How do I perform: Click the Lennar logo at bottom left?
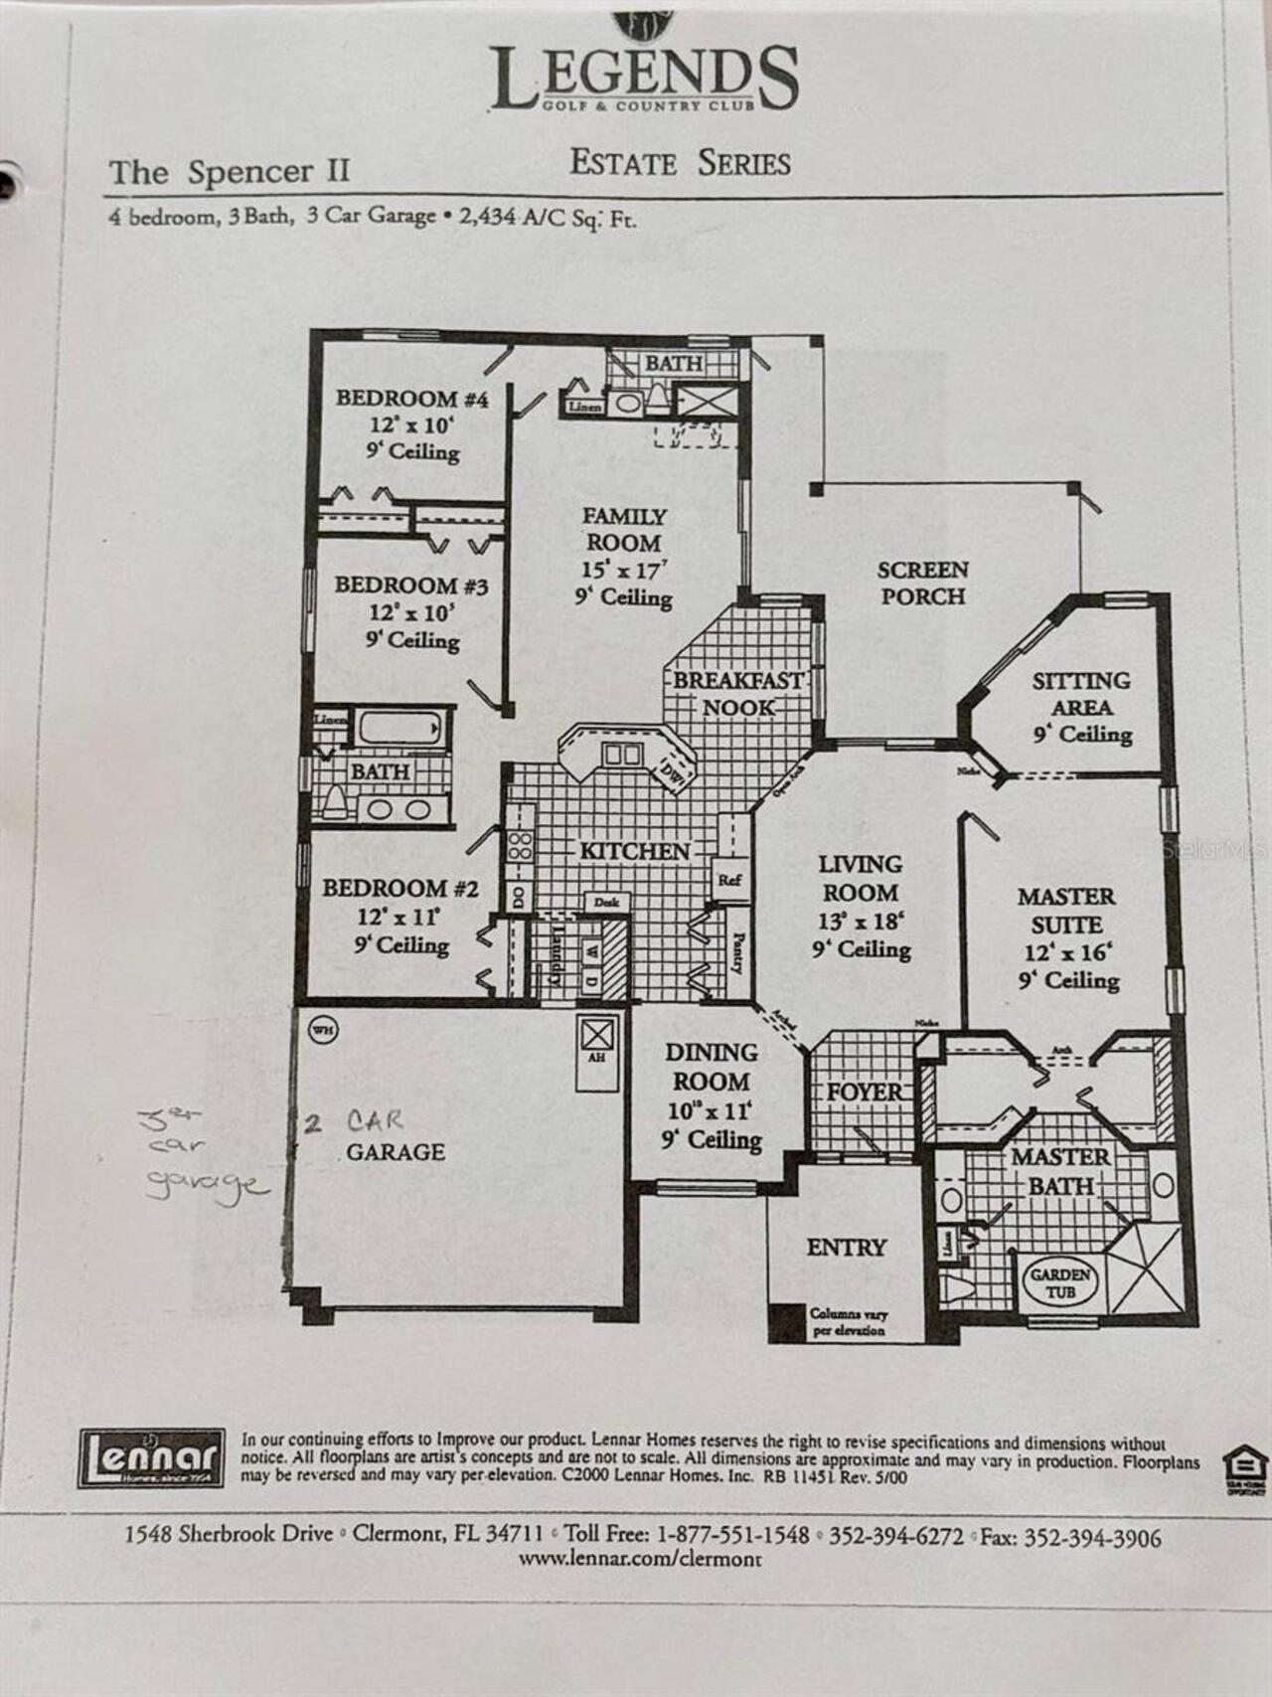click(151, 1457)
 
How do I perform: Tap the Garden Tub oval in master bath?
click(1059, 1282)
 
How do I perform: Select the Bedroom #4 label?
click(411, 399)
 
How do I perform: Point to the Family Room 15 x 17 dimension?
click(624, 570)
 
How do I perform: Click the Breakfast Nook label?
click(738, 694)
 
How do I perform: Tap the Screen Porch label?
click(922, 584)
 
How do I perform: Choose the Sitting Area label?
click(1081, 694)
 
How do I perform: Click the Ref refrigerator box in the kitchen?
click(729, 881)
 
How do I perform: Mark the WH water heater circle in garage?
click(323, 1031)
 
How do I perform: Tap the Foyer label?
click(865, 1092)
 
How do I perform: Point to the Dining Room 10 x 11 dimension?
click(711, 1110)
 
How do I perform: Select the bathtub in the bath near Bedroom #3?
click(397, 728)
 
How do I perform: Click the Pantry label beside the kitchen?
click(738, 951)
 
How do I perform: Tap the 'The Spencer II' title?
click(229, 172)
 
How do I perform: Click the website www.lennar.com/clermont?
click(640, 1559)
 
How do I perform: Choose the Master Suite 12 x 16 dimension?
click(1067, 952)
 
